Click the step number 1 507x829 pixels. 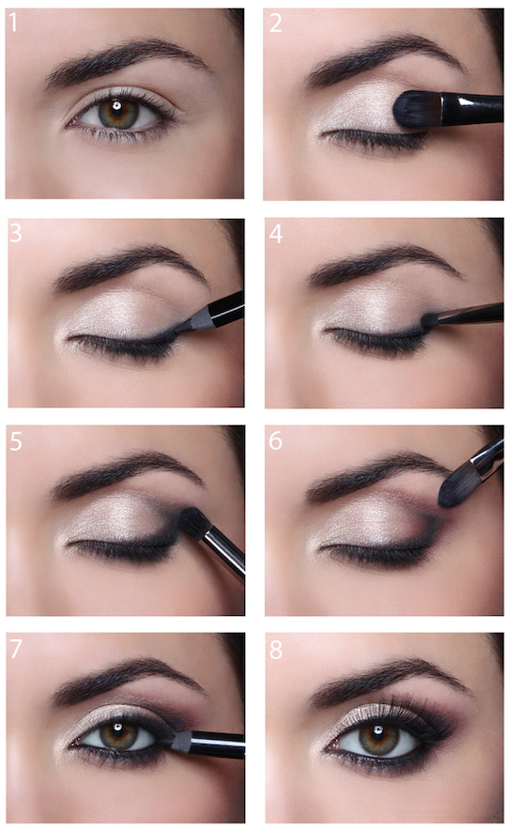[13, 23]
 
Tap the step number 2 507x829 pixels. [275, 23]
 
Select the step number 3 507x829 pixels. [15, 233]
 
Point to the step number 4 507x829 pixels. [275, 233]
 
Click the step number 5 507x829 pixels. [15, 440]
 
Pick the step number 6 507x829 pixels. [275, 440]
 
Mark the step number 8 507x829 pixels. [275, 649]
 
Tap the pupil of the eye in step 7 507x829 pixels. [117, 735]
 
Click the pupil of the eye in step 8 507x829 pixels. [378, 737]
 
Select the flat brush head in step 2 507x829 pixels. [413, 109]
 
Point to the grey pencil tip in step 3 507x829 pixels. [195, 322]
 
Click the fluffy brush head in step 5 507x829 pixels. [194, 521]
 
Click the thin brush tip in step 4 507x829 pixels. [429, 321]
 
